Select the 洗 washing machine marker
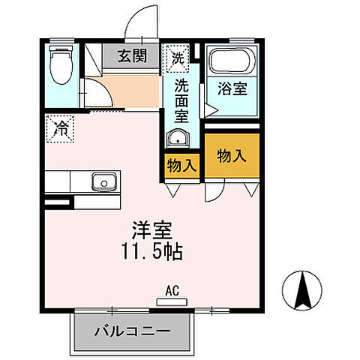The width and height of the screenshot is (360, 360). pyautogui.click(x=177, y=55)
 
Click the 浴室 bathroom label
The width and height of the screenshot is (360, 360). pyautogui.click(x=230, y=88)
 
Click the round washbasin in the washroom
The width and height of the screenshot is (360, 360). pyautogui.click(x=177, y=138)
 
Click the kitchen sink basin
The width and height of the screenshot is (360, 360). pyautogui.click(x=102, y=181)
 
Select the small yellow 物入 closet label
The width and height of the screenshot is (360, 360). pyautogui.click(x=181, y=165)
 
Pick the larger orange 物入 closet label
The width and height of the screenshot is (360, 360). pyautogui.click(x=232, y=156)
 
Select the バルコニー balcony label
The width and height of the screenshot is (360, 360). pyautogui.click(x=132, y=331)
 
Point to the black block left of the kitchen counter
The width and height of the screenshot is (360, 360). pyautogui.click(x=58, y=201)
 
